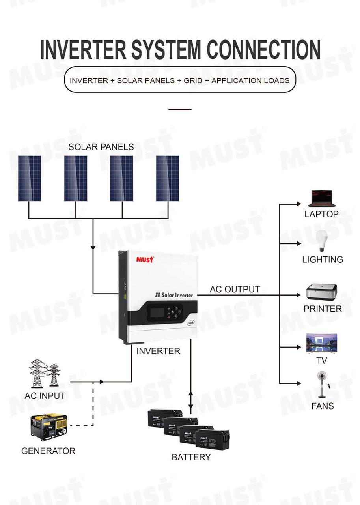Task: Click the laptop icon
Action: pyautogui.click(x=321, y=198)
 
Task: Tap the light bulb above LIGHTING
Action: pyautogui.click(x=321, y=240)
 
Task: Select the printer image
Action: pyautogui.click(x=322, y=292)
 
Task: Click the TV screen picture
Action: pyautogui.click(x=322, y=343)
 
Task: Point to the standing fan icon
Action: pyautogui.click(x=321, y=385)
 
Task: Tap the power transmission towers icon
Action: pyautogui.click(x=44, y=373)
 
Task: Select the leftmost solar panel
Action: pyautogui.click(x=30, y=178)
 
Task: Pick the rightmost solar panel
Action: pyautogui.click(x=167, y=178)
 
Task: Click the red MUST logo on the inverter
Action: pyautogui.click(x=145, y=259)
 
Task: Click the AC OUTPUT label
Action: pyautogui.click(x=235, y=289)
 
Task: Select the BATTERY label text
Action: pyautogui.click(x=191, y=457)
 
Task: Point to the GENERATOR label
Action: pyautogui.click(x=48, y=451)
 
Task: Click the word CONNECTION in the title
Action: pyautogui.click(x=264, y=50)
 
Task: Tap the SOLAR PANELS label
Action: pyautogui.click(x=101, y=147)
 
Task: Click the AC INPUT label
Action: pyautogui.click(x=45, y=396)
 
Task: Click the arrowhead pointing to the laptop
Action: pyautogui.click(x=298, y=204)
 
